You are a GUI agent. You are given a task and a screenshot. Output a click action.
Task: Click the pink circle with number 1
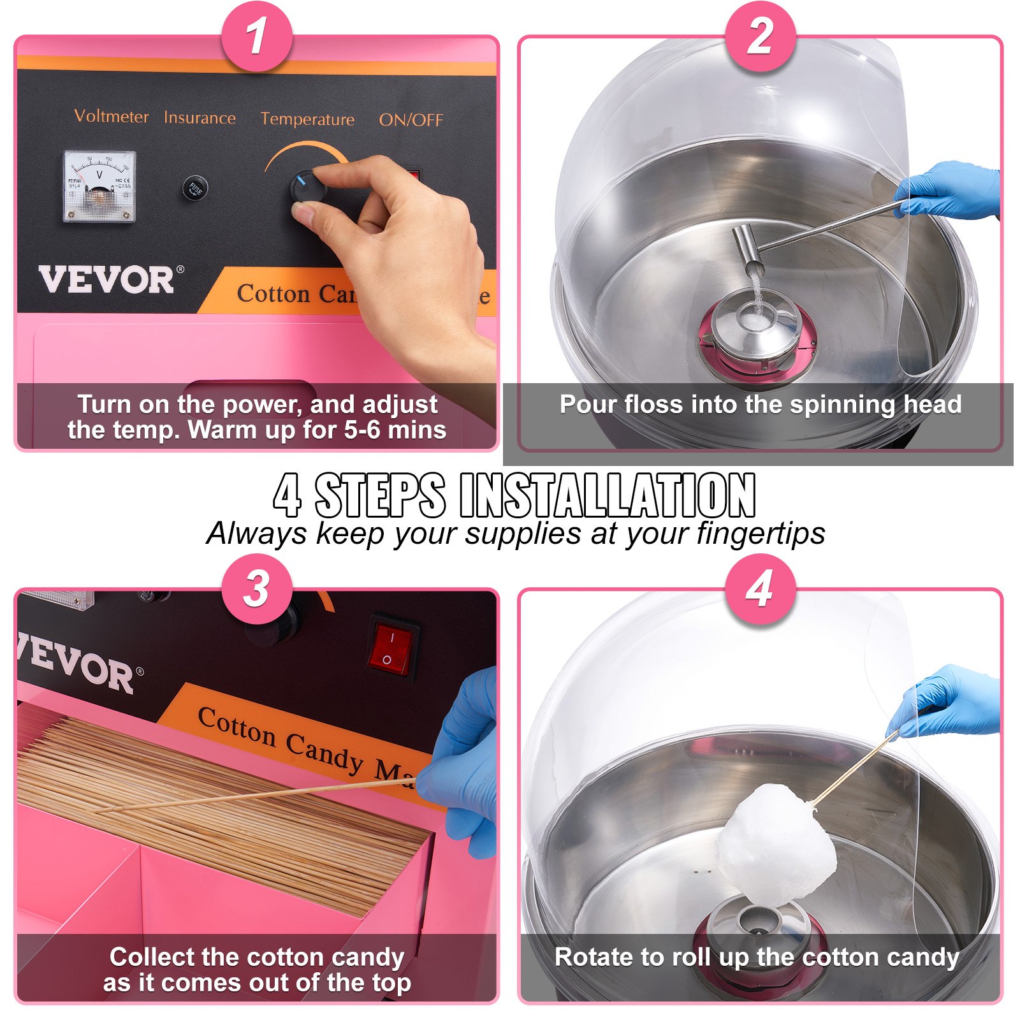[x=256, y=36]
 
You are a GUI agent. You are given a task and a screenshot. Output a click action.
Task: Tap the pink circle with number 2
[x=761, y=36]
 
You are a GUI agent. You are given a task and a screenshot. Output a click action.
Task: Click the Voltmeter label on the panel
[x=112, y=117]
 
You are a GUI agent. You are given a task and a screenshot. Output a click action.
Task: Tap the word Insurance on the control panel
[x=200, y=119]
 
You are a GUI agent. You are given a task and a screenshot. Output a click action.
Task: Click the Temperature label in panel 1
[x=307, y=119]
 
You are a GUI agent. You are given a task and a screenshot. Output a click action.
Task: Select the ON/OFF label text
[x=411, y=120]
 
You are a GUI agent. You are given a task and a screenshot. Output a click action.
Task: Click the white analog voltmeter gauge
[x=99, y=187]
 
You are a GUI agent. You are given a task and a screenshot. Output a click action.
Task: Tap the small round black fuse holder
[x=195, y=188]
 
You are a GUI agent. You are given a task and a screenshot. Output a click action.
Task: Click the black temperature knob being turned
[x=308, y=189]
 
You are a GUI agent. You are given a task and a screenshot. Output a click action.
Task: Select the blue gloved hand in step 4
[x=950, y=701]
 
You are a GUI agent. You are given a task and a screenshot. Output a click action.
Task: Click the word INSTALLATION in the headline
[x=607, y=496]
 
